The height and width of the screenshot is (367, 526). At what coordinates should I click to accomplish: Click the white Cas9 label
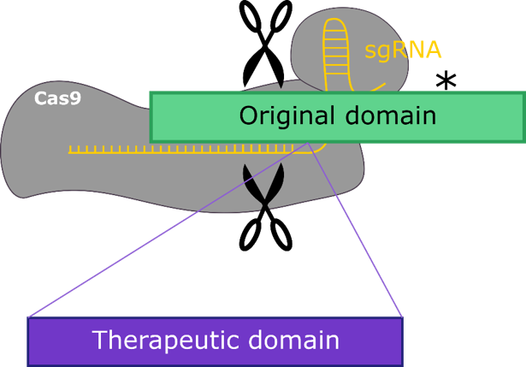pos(57,98)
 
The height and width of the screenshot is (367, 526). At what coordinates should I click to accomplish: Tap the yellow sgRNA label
pos(403,50)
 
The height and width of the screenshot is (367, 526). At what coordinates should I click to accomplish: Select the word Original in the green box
pos(283,116)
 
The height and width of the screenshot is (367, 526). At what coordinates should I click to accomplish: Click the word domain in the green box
pos(386,116)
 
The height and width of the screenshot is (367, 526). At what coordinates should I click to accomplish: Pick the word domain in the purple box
pos(296,340)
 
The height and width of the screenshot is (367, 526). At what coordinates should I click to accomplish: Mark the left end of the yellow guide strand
pos(70,151)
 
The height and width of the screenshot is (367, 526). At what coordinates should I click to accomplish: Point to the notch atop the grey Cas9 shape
pos(283,86)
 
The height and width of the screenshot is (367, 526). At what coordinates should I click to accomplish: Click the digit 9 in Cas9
pos(75,98)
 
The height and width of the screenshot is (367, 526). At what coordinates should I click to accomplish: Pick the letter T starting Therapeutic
pos(100,340)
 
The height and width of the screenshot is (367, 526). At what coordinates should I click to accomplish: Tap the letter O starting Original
pos(248,116)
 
